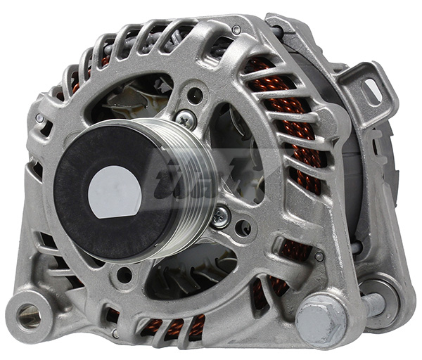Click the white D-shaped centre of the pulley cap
pos(115,191)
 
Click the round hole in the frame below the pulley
pos(125,275)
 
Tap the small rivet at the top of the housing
pos(236,30)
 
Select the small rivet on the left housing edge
pos(40,118)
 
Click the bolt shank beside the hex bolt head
pos(372,304)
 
